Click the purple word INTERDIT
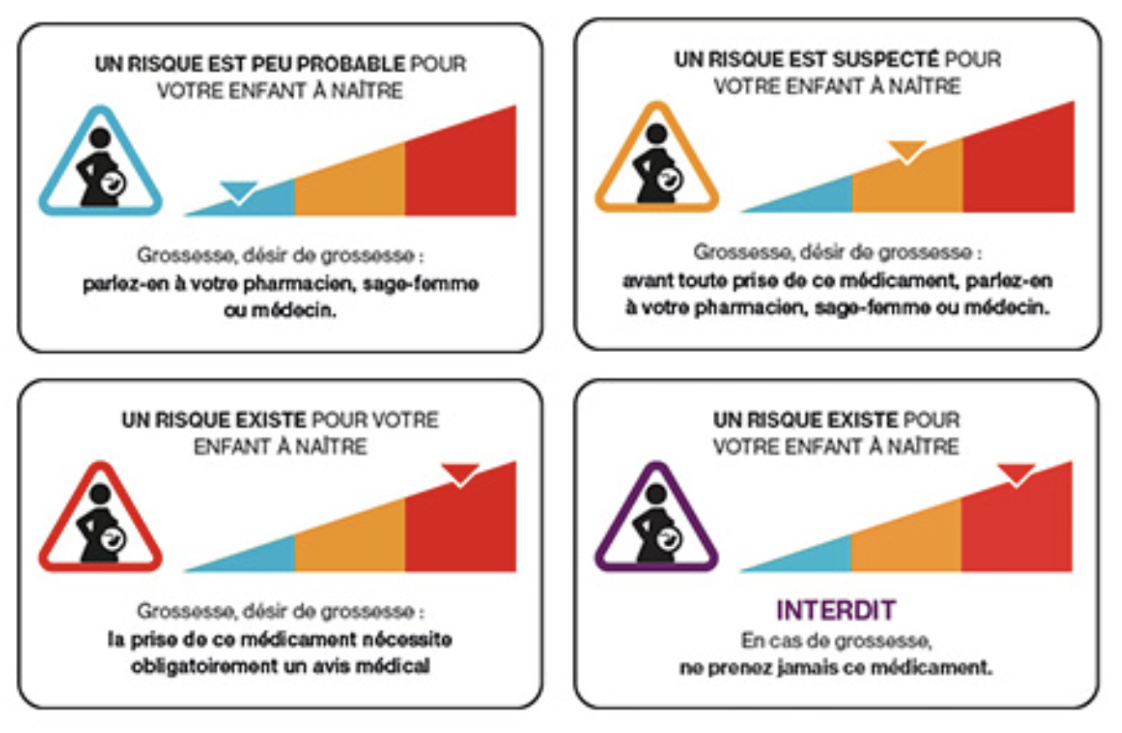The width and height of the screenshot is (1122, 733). (x=835, y=610)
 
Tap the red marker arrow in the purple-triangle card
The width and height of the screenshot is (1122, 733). (x=1016, y=473)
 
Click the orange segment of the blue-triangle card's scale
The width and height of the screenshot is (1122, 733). (x=350, y=185)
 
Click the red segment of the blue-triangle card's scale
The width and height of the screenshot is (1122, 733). (x=460, y=165)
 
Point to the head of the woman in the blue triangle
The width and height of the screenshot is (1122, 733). (x=100, y=137)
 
